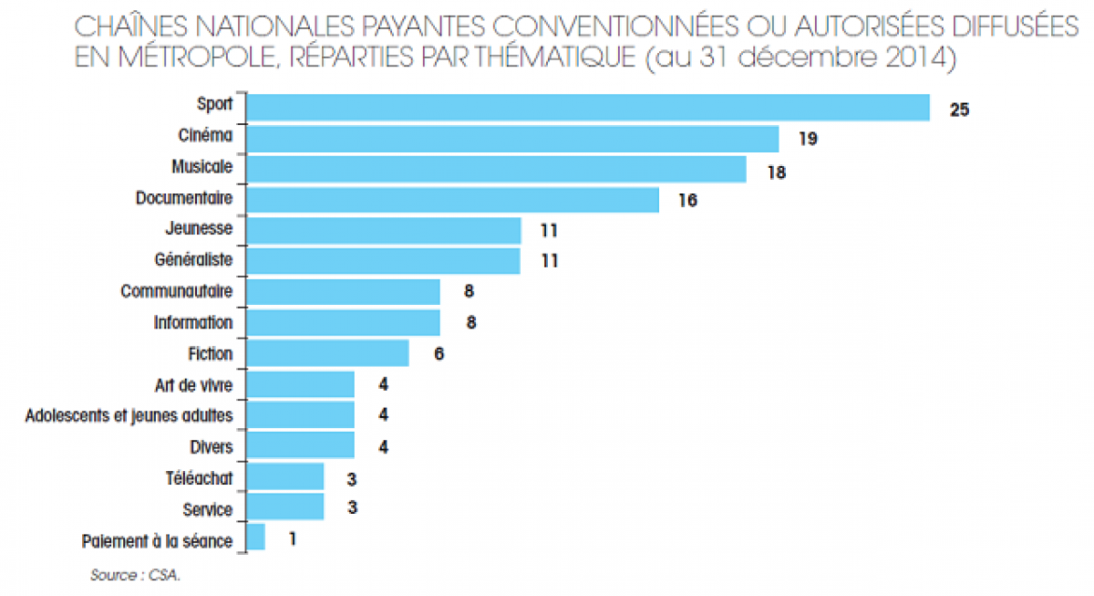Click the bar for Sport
tap(588, 108)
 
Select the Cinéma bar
tap(512, 139)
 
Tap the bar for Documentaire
tap(452, 200)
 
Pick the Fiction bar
tap(327, 353)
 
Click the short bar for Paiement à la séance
tap(255, 538)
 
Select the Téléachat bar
tap(284, 476)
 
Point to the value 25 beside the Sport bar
tap(958, 110)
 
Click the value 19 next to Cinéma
tap(808, 140)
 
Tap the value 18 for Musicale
tap(776, 171)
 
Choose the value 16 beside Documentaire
tap(687, 201)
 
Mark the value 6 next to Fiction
tap(439, 354)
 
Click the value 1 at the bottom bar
tap(292, 538)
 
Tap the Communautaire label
tap(176, 291)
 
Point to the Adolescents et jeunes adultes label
tap(129, 415)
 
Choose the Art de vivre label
tap(194, 384)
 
